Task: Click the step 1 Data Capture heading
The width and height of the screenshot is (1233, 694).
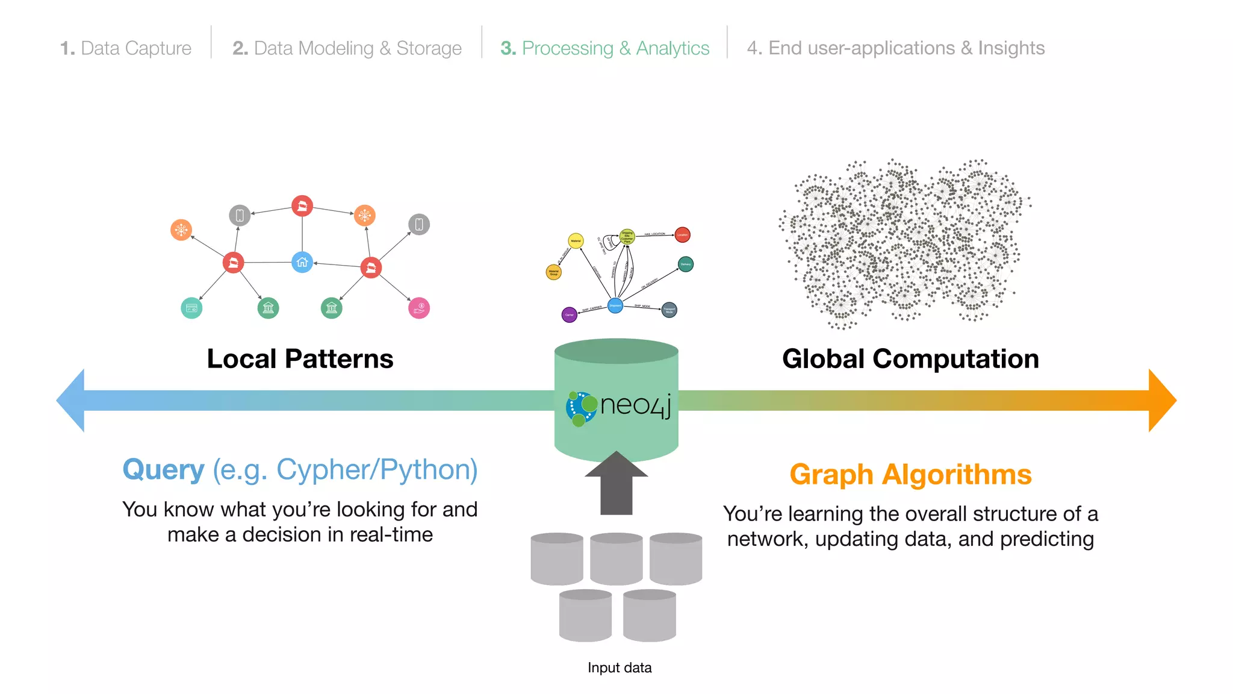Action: tap(126, 48)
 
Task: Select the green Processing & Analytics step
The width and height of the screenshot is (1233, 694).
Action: tap(605, 48)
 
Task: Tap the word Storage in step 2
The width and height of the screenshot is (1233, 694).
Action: tap(429, 48)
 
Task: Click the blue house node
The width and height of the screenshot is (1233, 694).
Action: tap(302, 262)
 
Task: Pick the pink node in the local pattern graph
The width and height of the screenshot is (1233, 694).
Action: tap(419, 308)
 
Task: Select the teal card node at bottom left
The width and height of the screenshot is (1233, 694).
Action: tap(191, 308)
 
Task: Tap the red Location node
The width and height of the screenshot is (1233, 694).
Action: tap(682, 235)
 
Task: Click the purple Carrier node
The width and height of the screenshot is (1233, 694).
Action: tap(569, 314)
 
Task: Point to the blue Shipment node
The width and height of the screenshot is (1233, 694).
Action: tap(615, 305)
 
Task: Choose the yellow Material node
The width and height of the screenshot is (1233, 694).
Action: tap(576, 241)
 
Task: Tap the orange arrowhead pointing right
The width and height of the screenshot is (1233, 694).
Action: tap(1161, 401)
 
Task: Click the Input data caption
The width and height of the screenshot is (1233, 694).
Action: tap(620, 667)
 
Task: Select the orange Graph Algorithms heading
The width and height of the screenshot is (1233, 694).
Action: tap(910, 475)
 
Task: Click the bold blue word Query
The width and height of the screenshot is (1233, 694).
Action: tap(164, 470)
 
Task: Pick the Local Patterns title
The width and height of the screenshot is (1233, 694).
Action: tap(300, 359)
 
